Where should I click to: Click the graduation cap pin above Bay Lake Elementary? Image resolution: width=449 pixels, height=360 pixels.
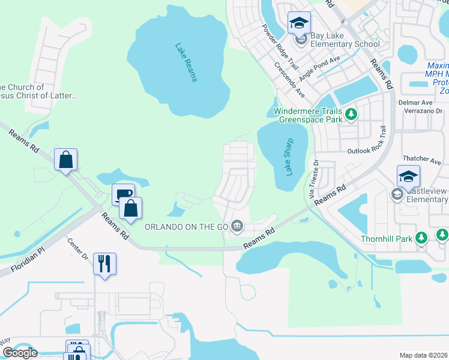tap(299, 23)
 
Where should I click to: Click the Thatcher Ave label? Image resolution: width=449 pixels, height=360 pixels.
tap(422, 159)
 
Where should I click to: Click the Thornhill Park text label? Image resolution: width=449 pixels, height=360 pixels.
tap(386, 238)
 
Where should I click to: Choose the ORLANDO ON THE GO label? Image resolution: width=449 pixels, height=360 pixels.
tap(187, 226)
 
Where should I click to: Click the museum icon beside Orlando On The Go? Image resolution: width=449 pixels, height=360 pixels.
tap(238, 226)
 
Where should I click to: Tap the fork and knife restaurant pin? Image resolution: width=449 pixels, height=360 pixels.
tap(104, 263)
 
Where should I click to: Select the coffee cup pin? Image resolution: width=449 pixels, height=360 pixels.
tap(123, 194)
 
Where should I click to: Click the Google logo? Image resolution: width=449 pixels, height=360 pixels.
tap(19, 352)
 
